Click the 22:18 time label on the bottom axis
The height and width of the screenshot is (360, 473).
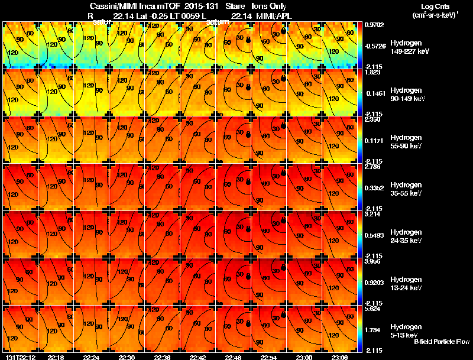coord(56,357)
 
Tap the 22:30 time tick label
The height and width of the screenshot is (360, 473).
coord(127,357)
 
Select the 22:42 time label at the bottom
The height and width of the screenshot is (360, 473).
coord(198,357)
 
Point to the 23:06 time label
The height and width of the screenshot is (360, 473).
coord(340,357)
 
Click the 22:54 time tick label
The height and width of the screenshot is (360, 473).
coord(269,357)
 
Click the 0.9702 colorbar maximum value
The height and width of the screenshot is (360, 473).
coord(375,25)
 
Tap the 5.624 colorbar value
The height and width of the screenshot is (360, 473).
coord(374,309)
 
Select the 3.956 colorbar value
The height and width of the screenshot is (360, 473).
coord(374,261)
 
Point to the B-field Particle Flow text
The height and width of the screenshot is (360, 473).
coord(441,342)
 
